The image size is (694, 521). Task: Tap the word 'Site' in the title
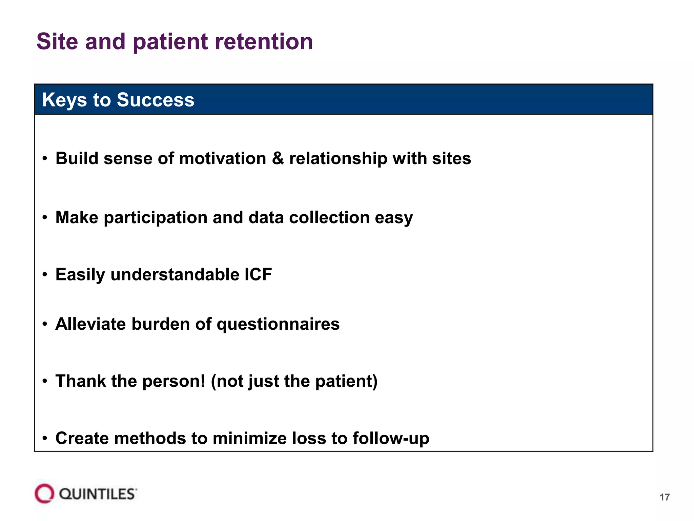point(57,42)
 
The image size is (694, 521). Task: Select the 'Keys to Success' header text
point(118,100)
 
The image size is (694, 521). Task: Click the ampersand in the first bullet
point(278,158)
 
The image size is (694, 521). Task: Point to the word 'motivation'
point(222,158)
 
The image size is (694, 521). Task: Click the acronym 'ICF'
point(258,274)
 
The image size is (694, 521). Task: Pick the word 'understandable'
point(175,274)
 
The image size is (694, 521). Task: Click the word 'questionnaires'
point(278,324)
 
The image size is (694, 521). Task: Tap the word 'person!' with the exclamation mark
point(173,381)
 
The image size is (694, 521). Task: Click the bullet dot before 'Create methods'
point(45,438)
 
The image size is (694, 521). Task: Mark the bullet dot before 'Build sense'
point(45,158)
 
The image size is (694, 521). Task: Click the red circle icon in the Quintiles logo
point(44,494)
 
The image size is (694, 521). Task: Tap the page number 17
point(665,497)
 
